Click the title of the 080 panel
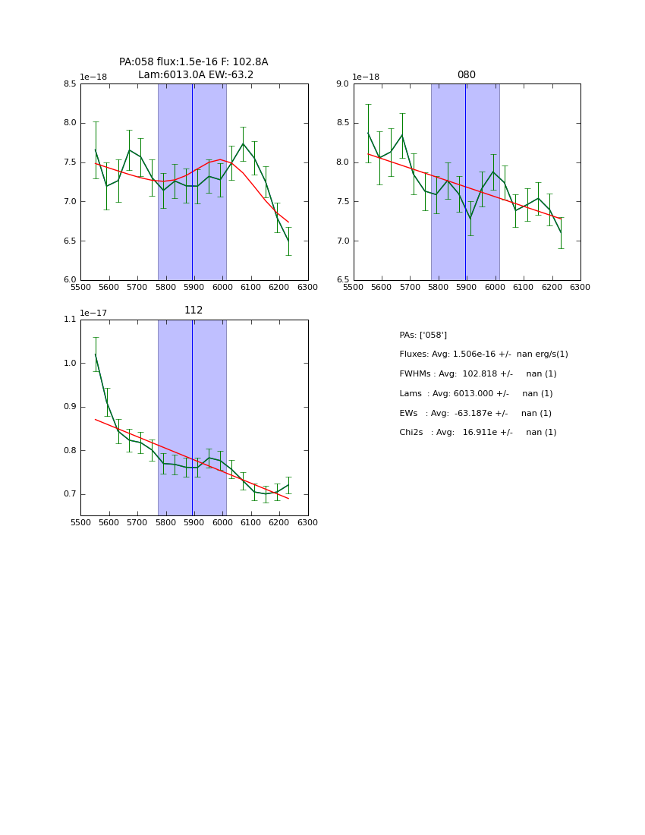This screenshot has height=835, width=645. coord(467,75)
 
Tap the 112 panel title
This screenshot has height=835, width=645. coord(193,310)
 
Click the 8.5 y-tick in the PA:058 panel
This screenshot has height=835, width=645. coord(70,83)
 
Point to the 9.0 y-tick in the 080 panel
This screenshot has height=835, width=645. coord(342,83)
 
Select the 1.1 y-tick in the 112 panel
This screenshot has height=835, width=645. coord(70,320)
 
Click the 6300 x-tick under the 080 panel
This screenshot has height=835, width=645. coord(580,288)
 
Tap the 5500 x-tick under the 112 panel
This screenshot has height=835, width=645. coord(80,523)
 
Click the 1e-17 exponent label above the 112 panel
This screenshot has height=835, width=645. coord(94,313)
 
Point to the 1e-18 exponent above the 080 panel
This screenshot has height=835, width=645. coord(367,77)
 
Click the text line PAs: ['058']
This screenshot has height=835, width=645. coord(423,336)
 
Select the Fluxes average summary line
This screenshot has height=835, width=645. coord(483,354)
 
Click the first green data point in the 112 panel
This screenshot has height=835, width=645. coord(96,354)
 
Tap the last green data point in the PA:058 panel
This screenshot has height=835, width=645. coord(288,241)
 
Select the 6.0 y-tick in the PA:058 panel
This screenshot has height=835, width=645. coord(70,280)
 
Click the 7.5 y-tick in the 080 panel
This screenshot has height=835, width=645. coord(342,202)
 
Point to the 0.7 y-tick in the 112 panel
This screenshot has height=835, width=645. coord(70,494)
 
